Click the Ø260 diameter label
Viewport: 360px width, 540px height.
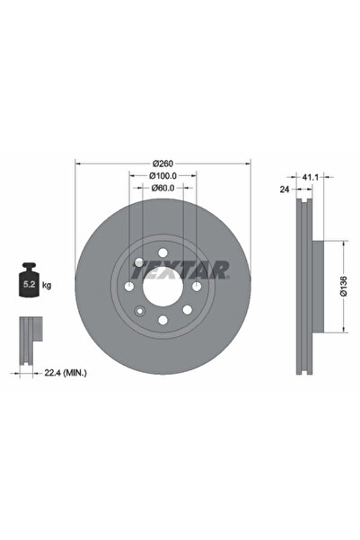tap(162, 164)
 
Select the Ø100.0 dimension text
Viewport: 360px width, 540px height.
tap(162, 176)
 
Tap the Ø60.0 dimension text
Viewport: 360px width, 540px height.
tap(162, 188)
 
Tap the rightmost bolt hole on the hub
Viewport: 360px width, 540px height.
tap(196, 286)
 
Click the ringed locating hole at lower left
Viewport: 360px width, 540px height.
tap(138, 312)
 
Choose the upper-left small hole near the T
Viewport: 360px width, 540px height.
tap(139, 261)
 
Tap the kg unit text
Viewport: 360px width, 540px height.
tap(46, 285)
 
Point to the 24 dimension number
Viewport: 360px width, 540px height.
tap(284, 190)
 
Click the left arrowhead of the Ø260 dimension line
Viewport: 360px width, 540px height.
tap(77, 164)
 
